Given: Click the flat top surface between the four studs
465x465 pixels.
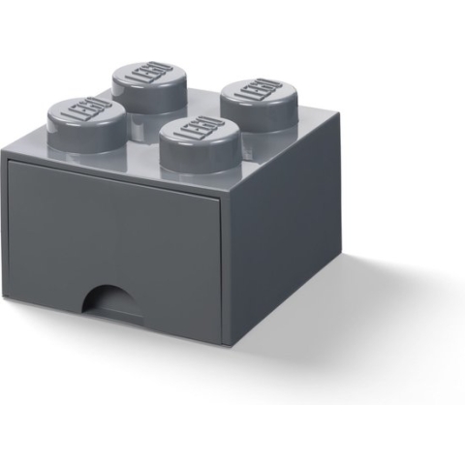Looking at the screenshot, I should [170, 112].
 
